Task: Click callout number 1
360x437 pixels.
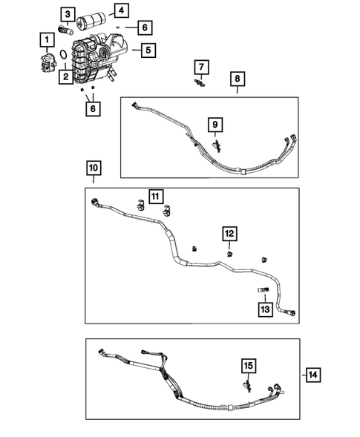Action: tap(48, 39)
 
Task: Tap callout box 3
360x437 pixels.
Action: tap(68, 14)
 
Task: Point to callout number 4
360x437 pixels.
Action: tap(120, 10)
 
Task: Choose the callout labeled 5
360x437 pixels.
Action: tap(148, 50)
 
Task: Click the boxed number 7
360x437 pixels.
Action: tap(199, 68)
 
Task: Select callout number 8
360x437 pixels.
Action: tap(238, 79)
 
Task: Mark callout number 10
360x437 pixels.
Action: tap(92, 169)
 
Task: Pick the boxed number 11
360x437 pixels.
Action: tap(154, 196)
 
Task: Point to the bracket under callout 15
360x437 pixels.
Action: tap(248, 384)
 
